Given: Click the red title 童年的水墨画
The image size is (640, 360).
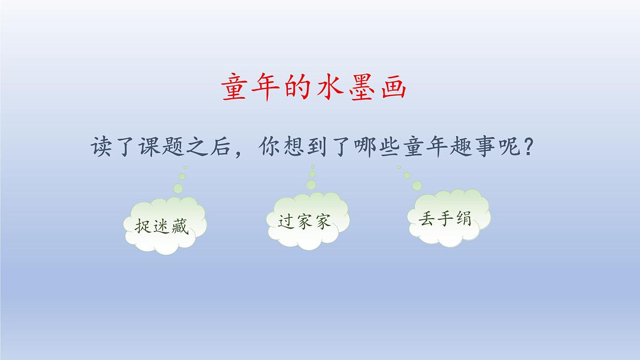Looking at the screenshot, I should [314, 88].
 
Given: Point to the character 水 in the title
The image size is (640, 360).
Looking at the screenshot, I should [329, 88].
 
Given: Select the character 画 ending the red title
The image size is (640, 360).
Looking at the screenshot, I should [391, 88].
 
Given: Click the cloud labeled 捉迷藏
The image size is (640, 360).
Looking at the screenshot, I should [164, 226].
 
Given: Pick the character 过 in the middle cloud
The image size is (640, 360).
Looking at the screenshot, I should [286, 221].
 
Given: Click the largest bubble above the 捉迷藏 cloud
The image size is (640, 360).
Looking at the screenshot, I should [178, 188].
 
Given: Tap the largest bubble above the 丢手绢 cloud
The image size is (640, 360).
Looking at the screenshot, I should [417, 185].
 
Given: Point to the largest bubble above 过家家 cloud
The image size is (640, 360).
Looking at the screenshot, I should [311, 184].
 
